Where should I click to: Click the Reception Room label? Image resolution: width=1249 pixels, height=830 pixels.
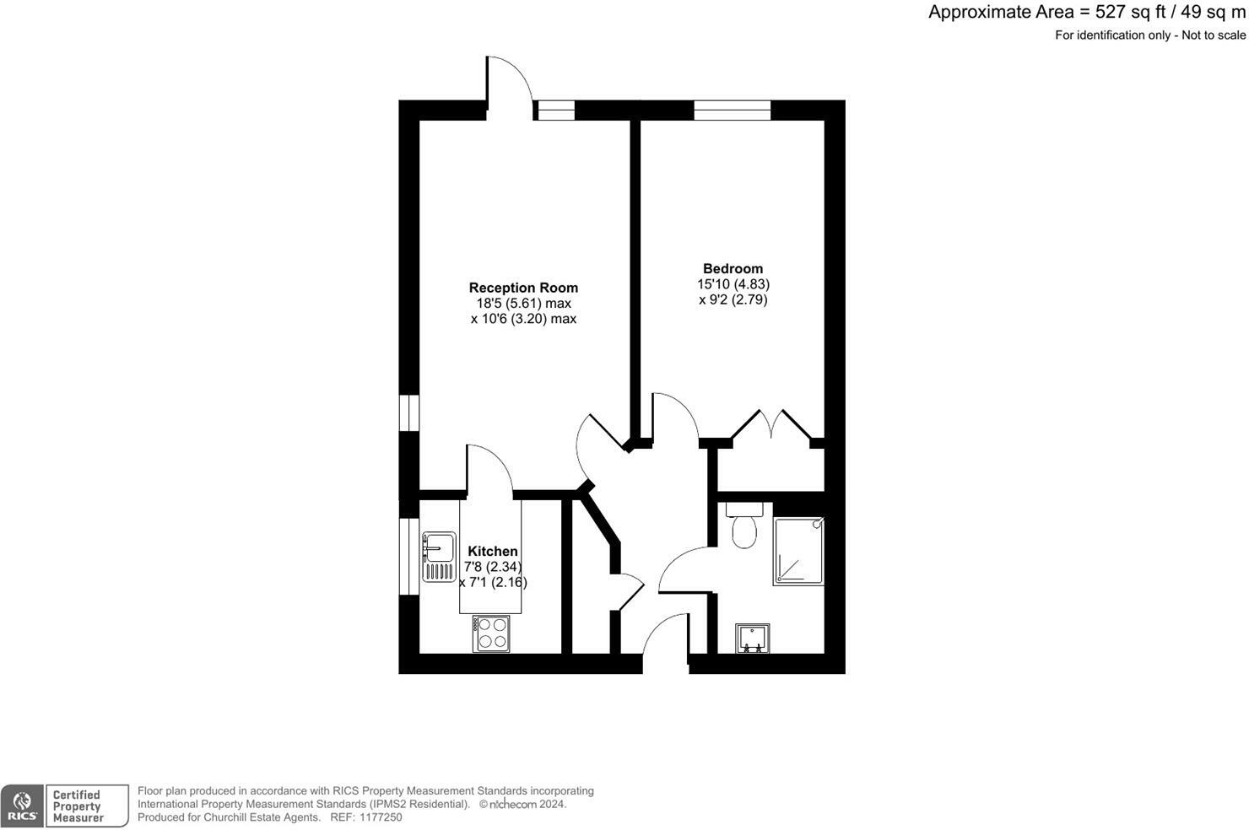523,288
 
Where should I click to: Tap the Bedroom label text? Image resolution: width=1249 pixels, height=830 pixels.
733,269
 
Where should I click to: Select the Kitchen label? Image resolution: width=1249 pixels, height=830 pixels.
493,552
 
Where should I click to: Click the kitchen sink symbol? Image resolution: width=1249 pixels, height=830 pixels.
438,556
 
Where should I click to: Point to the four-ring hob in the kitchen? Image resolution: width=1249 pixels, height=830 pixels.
491,633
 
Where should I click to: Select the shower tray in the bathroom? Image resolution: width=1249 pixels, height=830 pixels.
798,552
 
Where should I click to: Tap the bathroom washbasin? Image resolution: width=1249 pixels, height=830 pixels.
752,639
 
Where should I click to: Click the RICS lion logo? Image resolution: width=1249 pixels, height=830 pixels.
23,806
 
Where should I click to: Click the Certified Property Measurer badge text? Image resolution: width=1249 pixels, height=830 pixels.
78,806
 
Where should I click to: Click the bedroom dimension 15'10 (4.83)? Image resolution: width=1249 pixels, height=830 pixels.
733,284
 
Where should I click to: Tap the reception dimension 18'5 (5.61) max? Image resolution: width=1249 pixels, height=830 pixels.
523,304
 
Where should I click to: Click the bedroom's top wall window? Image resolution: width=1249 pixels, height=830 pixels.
732,110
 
